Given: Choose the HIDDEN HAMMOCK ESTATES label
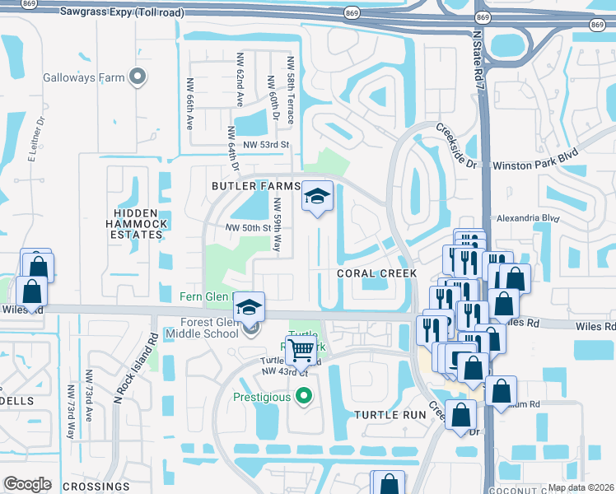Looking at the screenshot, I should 138,224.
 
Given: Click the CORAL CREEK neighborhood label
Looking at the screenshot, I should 376,273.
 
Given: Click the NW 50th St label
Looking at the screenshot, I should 248,227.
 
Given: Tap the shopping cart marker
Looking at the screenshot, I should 301,351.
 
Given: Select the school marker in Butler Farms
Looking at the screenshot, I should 317,197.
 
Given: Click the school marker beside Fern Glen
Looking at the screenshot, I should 249,307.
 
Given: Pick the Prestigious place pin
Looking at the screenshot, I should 304,398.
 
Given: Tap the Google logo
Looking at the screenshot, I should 27,484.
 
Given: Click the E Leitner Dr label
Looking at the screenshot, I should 37,137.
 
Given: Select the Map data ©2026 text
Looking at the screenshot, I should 581,487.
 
